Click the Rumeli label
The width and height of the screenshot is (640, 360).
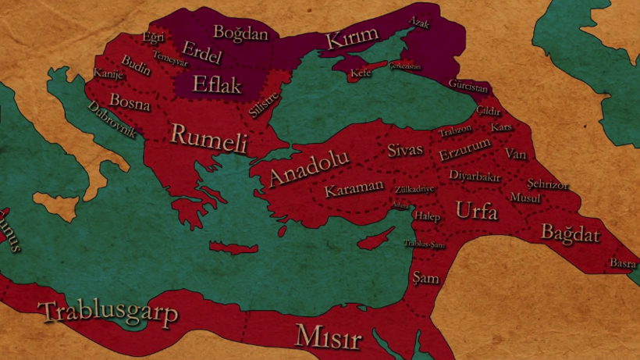208,137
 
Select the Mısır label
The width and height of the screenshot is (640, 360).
328,338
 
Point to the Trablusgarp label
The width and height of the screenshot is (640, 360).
108,312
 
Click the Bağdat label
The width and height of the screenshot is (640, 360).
570,233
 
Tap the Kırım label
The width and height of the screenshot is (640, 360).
351,37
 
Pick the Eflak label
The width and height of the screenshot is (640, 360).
219,84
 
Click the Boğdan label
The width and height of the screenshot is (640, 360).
240,33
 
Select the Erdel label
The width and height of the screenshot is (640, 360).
202,55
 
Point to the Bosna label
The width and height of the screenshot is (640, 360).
130,101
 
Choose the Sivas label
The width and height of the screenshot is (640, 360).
405,149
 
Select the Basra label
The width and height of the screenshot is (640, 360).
623,262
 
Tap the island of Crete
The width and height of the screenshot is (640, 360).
233,248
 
